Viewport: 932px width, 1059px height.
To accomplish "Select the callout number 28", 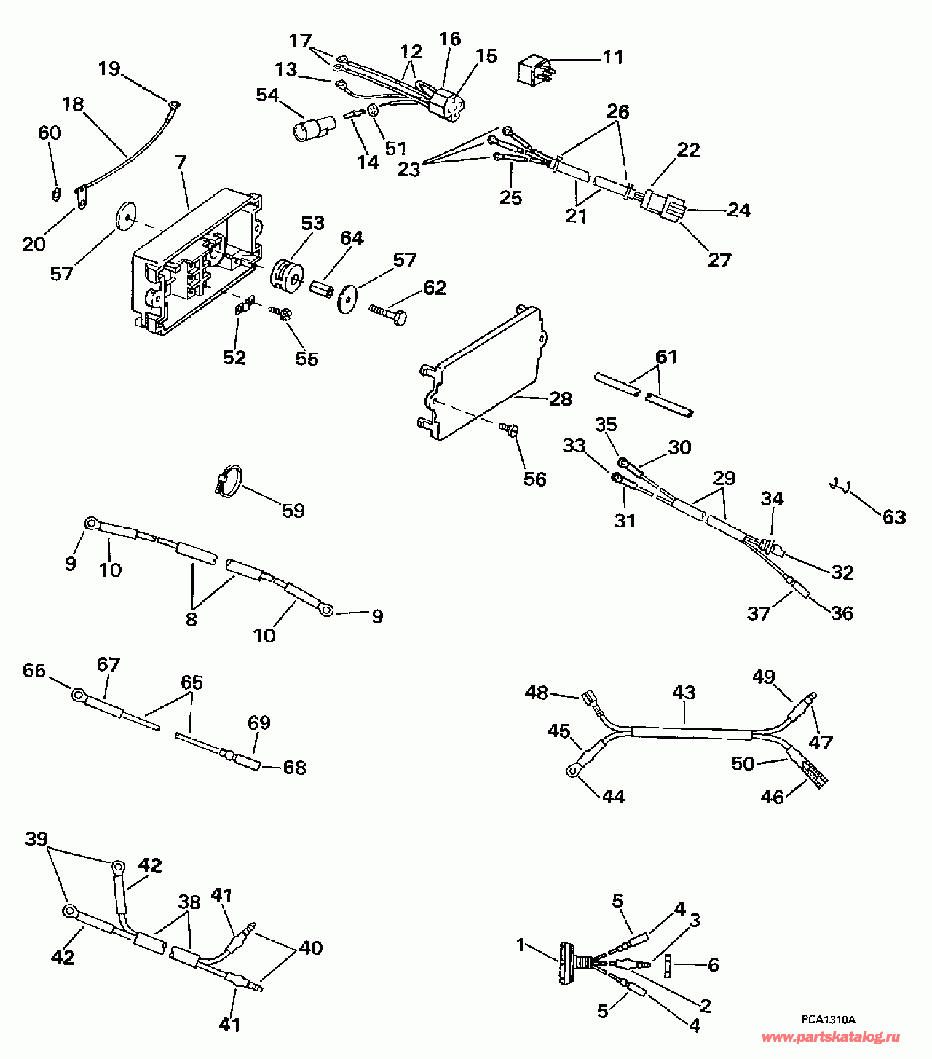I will (561, 398).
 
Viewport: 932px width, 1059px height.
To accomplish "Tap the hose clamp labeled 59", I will (228, 481).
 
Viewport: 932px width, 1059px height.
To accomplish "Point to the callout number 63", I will (894, 517).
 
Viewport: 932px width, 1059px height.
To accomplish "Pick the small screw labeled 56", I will (509, 430).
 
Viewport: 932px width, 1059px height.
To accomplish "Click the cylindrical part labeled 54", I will (310, 129).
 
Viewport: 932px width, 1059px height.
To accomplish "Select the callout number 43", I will (684, 692).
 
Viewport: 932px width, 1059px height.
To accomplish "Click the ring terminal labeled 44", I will (573, 769).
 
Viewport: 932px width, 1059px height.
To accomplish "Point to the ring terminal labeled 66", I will (78, 695).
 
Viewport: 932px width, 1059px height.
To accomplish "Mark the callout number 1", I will (521, 945).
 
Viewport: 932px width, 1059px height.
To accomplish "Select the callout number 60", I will (50, 133).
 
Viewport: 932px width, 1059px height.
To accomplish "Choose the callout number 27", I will (719, 259).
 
